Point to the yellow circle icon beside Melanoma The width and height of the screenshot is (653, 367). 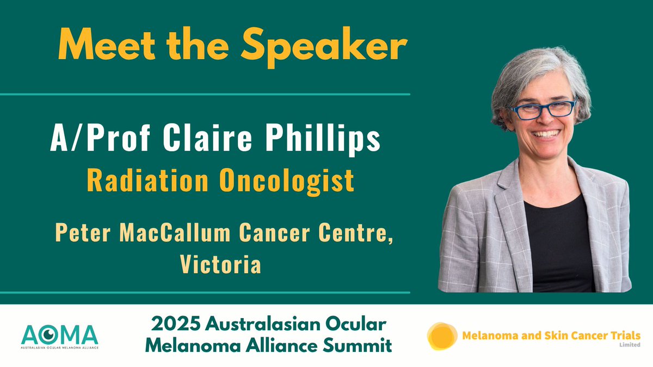[442, 336]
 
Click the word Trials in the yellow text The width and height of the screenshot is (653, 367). [622, 335]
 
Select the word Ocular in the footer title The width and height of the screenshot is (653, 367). [359, 325]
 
